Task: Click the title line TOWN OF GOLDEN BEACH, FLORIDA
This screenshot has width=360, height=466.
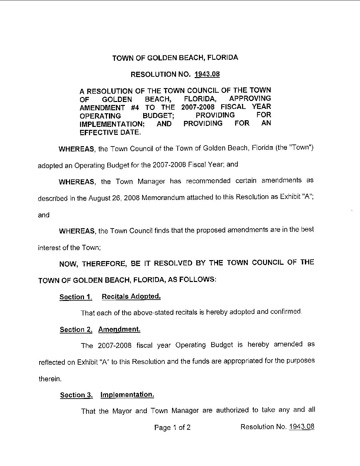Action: [175, 58]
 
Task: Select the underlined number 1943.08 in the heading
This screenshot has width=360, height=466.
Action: [207, 74]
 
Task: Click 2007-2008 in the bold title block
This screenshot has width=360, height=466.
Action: [198, 107]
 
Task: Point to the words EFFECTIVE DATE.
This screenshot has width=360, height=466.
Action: [110, 132]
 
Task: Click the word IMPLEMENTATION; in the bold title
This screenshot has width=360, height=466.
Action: [111, 124]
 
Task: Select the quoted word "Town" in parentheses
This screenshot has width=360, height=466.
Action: [301, 147]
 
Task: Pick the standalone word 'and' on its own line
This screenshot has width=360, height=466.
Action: [44, 215]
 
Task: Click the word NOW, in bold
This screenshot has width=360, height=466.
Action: [68, 264]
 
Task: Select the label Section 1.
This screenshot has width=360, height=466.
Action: [75, 297]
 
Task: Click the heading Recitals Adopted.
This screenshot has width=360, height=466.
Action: [131, 296]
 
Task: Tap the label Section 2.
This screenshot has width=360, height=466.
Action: [76, 329]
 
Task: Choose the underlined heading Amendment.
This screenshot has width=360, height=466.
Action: [119, 329]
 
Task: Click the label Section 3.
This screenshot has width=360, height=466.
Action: [76, 395]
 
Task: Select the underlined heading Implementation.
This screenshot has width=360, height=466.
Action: [127, 395]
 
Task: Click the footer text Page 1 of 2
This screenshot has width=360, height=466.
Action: [172, 427]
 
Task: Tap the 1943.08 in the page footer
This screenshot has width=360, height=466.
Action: [302, 427]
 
